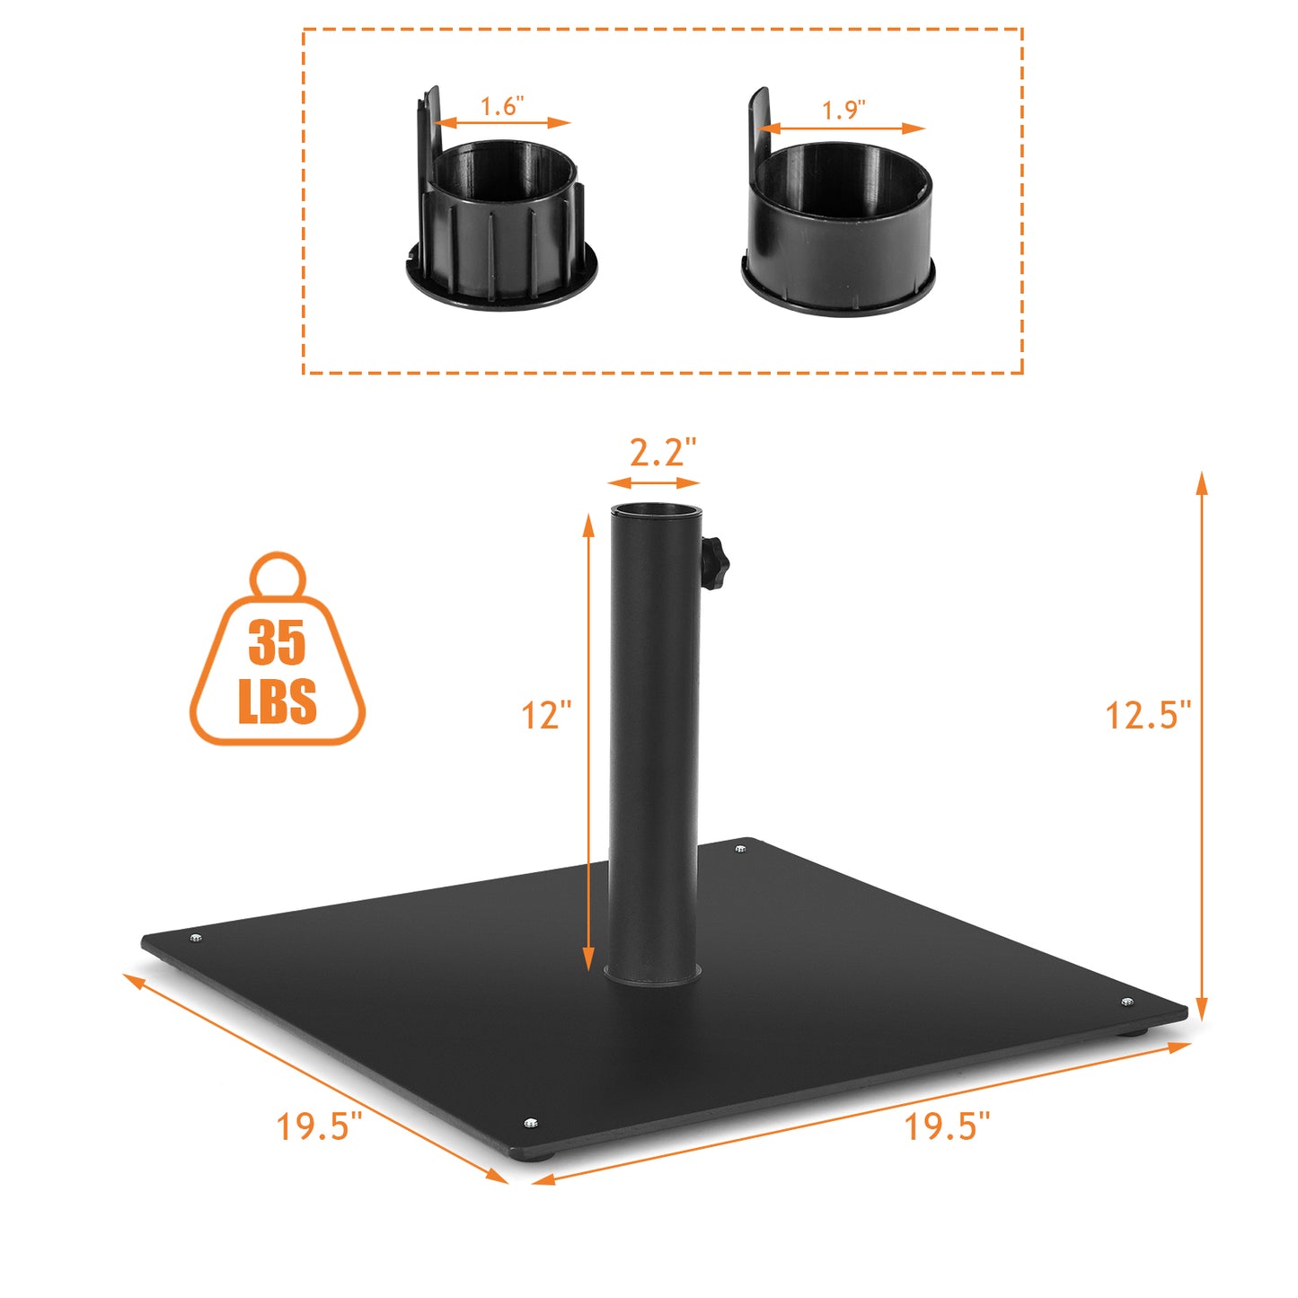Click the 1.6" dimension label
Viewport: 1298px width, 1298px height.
501,107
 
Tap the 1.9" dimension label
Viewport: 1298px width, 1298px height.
843,110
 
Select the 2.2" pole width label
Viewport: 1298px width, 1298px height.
662,452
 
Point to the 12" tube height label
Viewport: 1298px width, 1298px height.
546,716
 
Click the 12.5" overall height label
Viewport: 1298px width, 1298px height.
1147,716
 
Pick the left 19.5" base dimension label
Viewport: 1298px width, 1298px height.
319,1126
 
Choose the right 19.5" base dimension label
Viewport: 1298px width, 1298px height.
947,1126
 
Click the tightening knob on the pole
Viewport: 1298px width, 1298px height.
715,563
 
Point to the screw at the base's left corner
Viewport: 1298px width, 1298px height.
196,939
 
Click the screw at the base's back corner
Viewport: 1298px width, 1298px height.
741,848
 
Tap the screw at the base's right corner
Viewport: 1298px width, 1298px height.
1127,1002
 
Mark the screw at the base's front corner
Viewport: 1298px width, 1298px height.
530,1123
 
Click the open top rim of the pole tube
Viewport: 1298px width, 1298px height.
655,509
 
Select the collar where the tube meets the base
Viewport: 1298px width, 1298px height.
653,973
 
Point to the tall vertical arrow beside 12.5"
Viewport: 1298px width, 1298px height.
1202,746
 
